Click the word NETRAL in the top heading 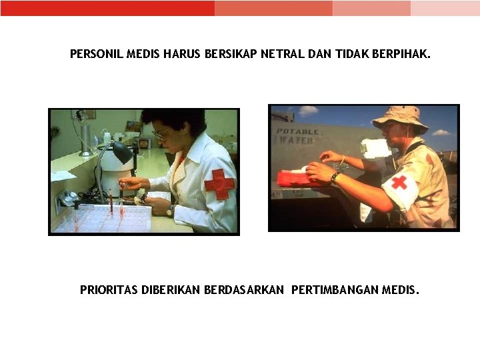(x=283, y=54)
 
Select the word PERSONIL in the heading (x=97, y=54)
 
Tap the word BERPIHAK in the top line (x=401, y=54)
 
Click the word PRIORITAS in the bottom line (x=109, y=289)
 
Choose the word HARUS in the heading (x=181, y=54)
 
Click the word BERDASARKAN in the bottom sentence (x=244, y=289)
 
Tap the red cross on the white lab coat (x=219, y=184)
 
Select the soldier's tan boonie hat (x=399, y=119)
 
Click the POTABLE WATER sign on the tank (x=297, y=136)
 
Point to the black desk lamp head (x=123, y=152)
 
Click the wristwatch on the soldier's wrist (x=335, y=177)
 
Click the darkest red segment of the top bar (x=107, y=8)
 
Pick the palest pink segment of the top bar (x=445, y=8)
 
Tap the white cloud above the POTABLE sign (x=308, y=111)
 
